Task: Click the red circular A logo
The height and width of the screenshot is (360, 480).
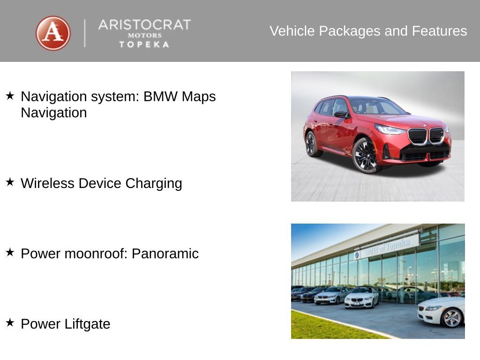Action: tap(53, 33)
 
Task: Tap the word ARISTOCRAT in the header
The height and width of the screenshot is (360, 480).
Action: tap(144, 25)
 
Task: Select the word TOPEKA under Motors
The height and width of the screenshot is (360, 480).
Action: tap(144, 45)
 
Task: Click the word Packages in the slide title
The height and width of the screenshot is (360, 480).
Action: tap(350, 31)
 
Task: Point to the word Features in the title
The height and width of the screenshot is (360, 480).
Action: tap(439, 31)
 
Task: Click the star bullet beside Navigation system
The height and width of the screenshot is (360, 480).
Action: tap(10, 96)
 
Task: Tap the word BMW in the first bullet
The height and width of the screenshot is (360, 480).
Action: tap(160, 97)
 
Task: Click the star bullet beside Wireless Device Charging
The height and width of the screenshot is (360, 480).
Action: tap(10, 182)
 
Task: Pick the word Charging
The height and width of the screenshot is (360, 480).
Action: tap(154, 184)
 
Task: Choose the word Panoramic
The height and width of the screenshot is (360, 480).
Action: tap(165, 254)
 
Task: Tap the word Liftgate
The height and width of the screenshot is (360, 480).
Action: tap(88, 324)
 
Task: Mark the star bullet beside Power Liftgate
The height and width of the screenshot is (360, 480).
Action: tap(10, 322)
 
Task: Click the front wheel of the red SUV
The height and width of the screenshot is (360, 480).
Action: tap(366, 156)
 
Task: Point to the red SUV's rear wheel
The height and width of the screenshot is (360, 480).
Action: tap(311, 143)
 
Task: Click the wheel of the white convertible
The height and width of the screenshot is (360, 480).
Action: tap(452, 318)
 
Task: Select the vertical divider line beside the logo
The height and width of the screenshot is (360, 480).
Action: tap(85, 33)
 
